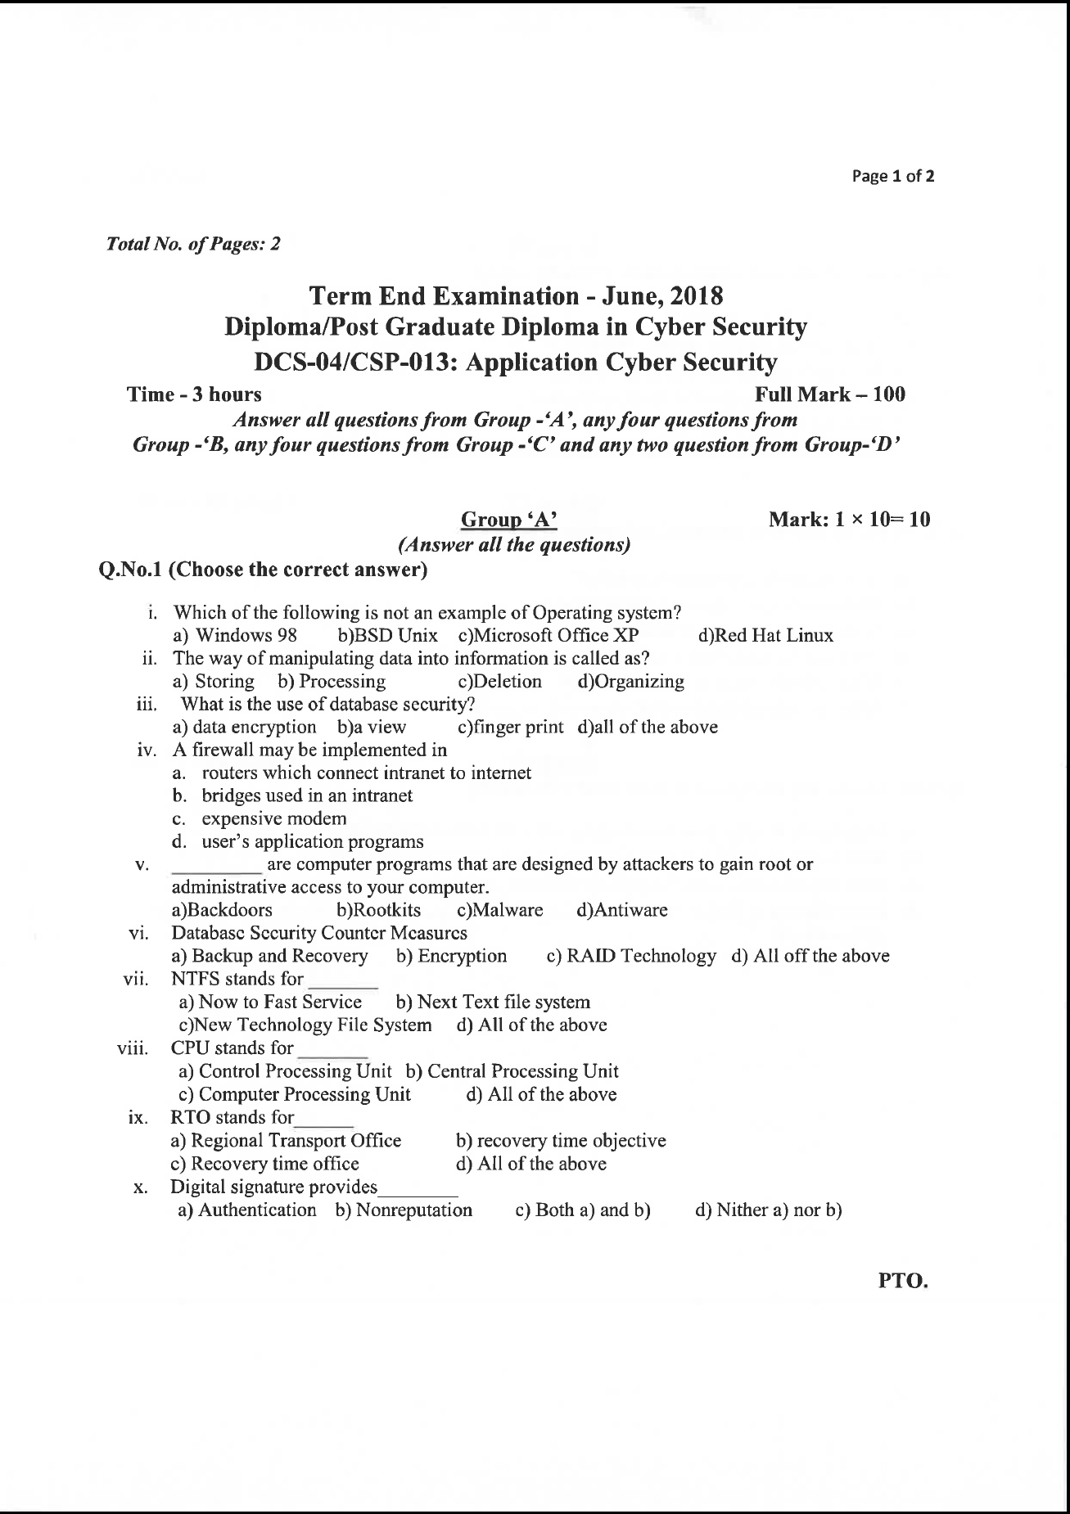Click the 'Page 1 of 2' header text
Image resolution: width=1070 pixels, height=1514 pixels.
[x=893, y=176]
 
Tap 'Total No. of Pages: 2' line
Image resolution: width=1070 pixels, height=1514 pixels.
[x=193, y=244]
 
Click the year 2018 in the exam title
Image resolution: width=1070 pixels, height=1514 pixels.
[x=696, y=295]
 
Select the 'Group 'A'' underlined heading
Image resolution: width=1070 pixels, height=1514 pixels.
[x=509, y=520]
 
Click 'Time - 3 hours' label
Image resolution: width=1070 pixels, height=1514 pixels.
[x=194, y=394]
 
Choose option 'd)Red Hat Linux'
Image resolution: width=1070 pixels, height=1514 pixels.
[x=765, y=636]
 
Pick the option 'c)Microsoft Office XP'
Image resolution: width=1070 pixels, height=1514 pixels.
[x=549, y=636]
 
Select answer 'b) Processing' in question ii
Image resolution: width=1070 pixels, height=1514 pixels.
[x=332, y=682]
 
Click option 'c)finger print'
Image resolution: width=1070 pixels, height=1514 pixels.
[x=511, y=728]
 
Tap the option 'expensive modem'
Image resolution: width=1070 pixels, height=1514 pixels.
[x=273, y=819]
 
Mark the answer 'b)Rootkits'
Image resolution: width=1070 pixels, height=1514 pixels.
[x=379, y=911]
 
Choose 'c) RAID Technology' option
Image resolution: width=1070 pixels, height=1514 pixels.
[x=630, y=957]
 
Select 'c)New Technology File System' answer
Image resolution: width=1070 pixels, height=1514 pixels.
[x=305, y=1025]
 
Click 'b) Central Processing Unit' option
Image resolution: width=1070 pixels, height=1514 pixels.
[x=512, y=1071]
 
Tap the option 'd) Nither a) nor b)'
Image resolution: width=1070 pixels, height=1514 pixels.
[x=768, y=1210]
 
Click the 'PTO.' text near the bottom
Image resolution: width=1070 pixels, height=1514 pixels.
[x=903, y=1282]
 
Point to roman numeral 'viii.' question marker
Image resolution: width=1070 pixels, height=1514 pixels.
[x=133, y=1049]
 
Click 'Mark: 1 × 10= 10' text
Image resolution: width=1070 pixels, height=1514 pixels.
[x=849, y=520]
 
